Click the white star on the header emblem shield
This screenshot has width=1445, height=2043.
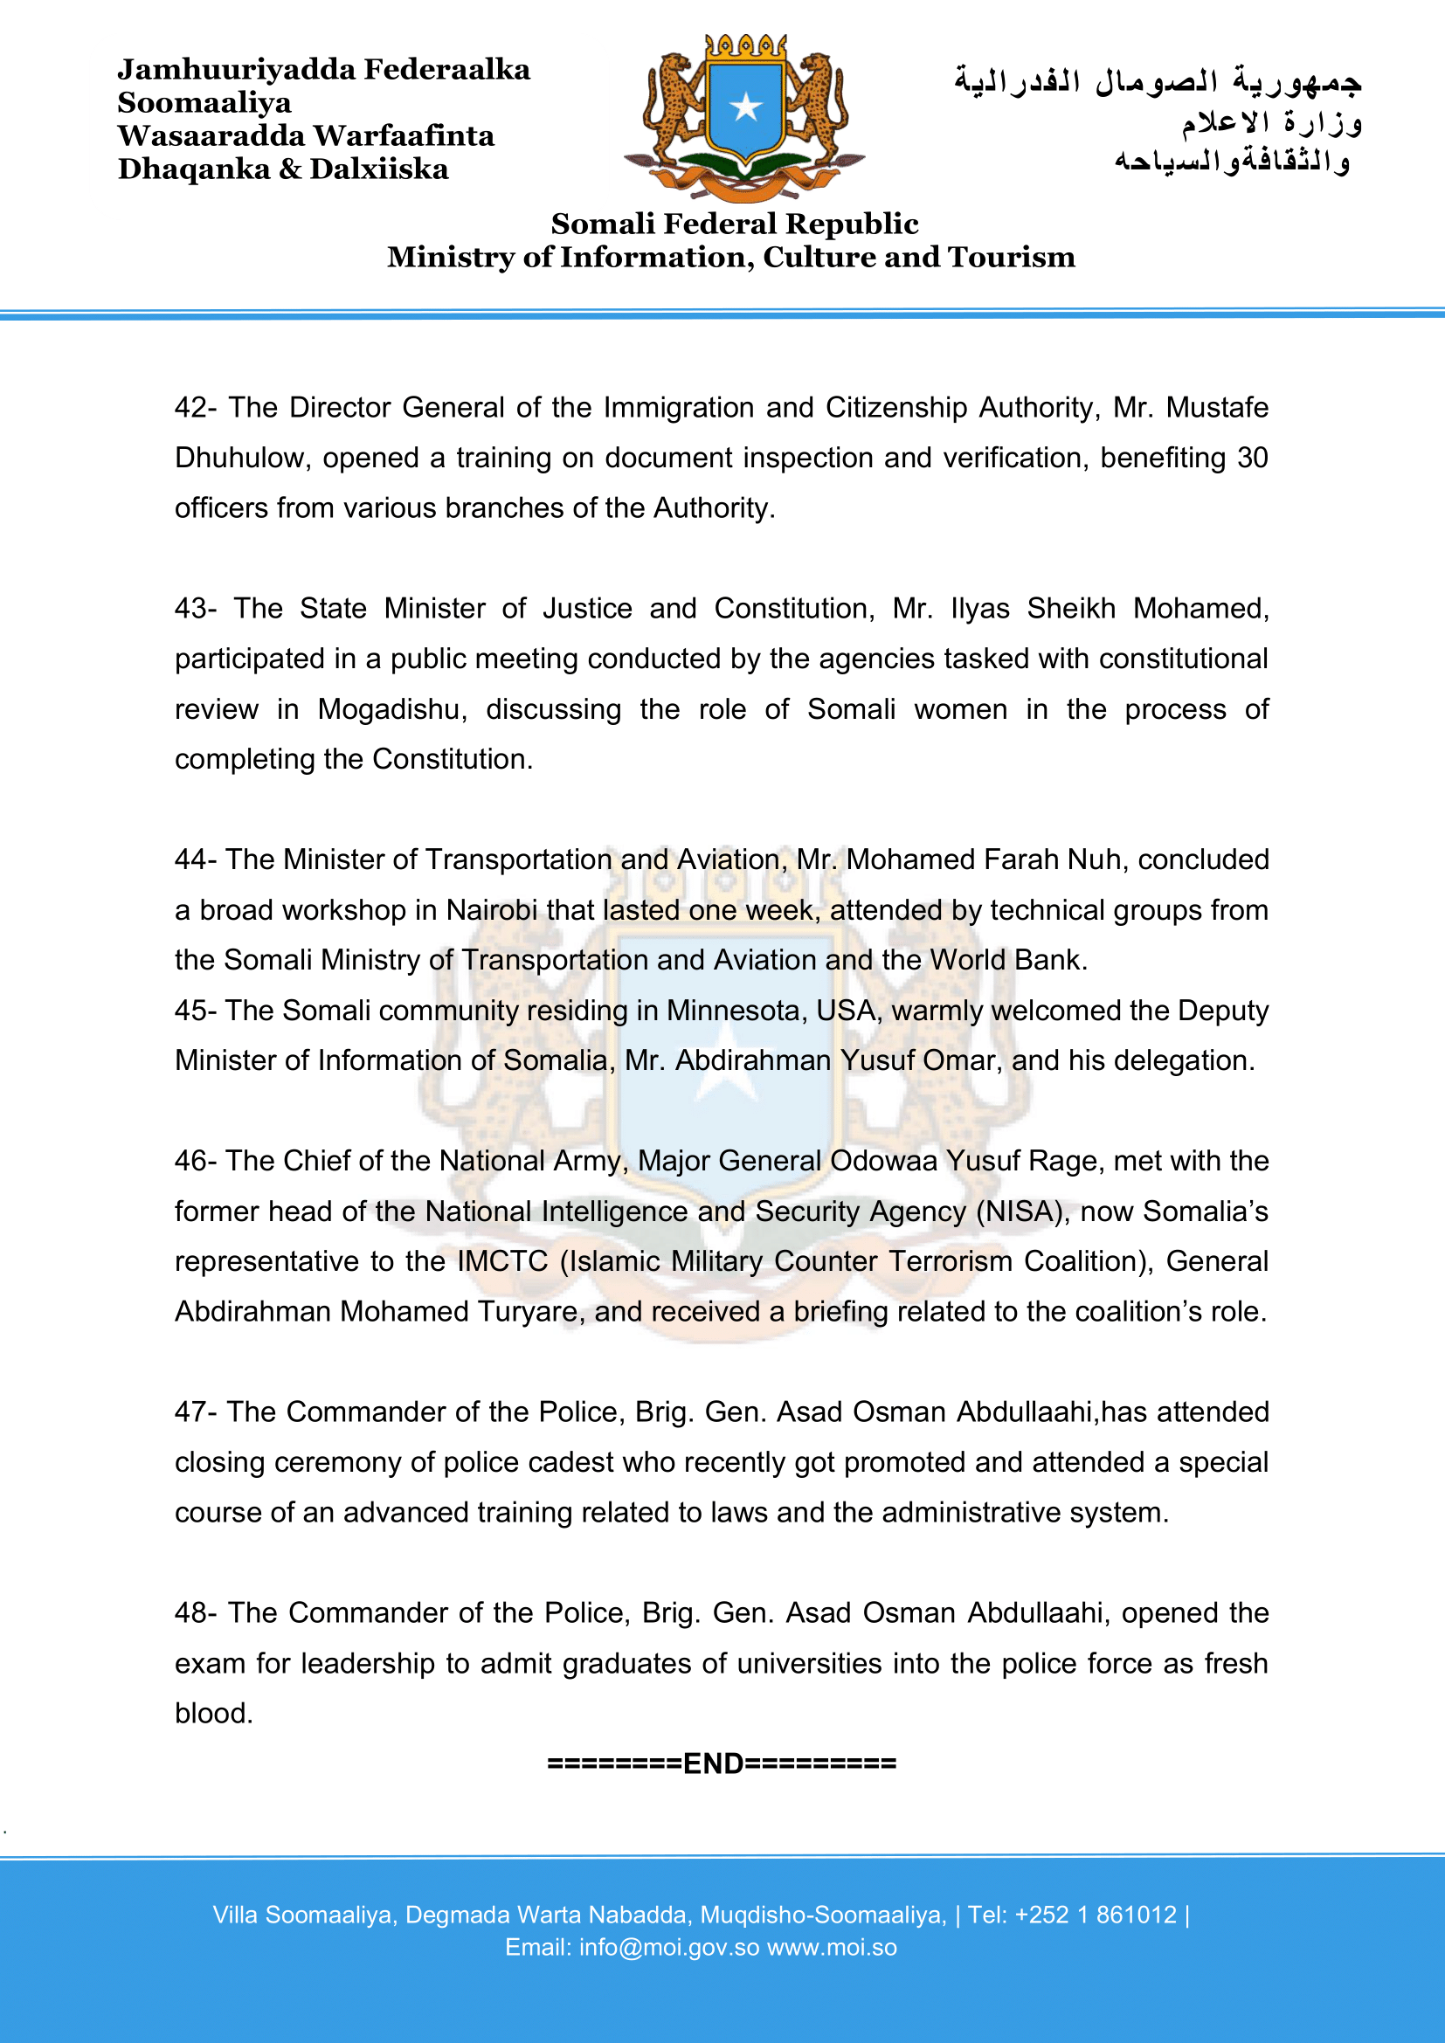click(x=745, y=107)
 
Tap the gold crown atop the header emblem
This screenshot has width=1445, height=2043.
click(x=745, y=47)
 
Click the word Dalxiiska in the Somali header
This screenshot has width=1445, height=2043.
click(x=379, y=169)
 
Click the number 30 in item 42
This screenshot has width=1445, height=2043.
click(x=1252, y=459)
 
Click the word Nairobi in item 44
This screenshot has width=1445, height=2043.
click(x=492, y=910)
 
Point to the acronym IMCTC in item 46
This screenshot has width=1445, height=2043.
click(x=502, y=1262)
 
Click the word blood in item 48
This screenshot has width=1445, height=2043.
click(x=213, y=1714)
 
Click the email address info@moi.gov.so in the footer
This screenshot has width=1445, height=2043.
click(x=669, y=1948)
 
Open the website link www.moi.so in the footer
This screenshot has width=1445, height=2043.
click(x=832, y=1948)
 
